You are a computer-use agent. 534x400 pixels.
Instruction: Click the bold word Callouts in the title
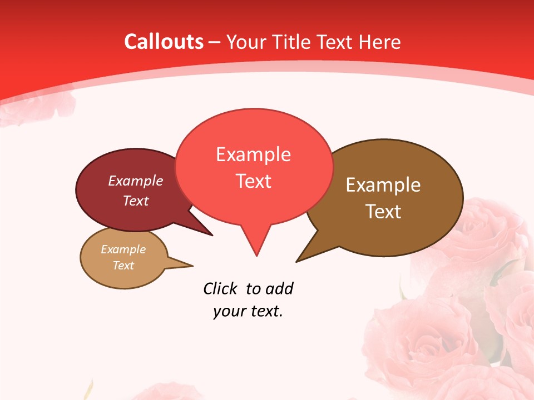click(164, 42)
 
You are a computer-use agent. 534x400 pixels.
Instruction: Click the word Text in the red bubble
click(253, 181)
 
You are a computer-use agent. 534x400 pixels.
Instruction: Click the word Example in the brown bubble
click(383, 185)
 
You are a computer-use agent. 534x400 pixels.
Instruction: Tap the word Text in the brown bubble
click(383, 211)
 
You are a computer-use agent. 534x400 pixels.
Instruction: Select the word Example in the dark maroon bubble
click(136, 181)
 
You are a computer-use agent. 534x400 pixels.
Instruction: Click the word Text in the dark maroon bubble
click(136, 201)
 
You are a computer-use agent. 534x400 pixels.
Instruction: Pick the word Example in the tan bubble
click(123, 249)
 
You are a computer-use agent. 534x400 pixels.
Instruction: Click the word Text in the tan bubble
click(123, 265)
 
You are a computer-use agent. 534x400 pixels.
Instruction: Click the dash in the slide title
click(215, 42)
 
